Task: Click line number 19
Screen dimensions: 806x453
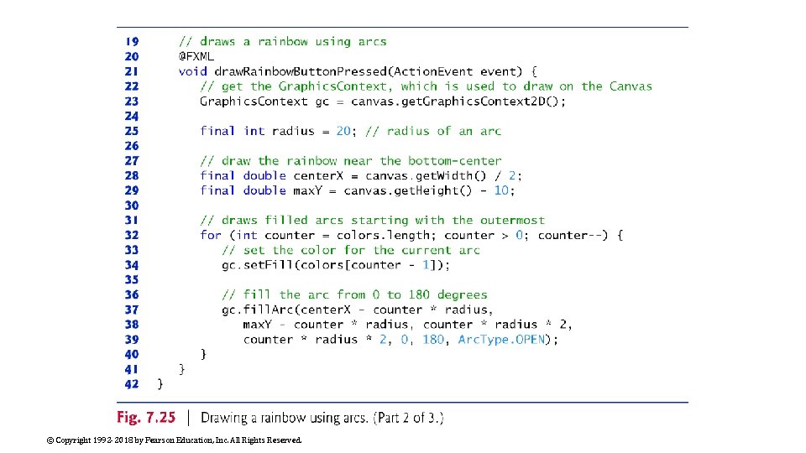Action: tap(132, 41)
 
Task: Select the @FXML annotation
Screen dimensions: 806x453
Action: tap(196, 56)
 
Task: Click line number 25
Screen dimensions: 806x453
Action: tap(132, 131)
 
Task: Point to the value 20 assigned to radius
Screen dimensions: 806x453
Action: tap(343, 131)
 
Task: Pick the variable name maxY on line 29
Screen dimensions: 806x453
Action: tap(307, 190)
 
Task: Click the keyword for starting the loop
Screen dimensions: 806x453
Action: tap(211, 235)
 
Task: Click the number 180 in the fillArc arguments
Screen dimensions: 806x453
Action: tap(433, 340)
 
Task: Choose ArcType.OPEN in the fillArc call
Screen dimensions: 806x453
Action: tap(502, 340)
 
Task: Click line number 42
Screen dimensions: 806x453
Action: tap(132, 384)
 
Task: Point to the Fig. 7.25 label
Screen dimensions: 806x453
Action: tap(148, 418)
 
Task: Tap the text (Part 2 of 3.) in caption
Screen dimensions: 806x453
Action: tap(406, 418)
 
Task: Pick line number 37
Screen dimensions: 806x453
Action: tap(132, 310)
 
